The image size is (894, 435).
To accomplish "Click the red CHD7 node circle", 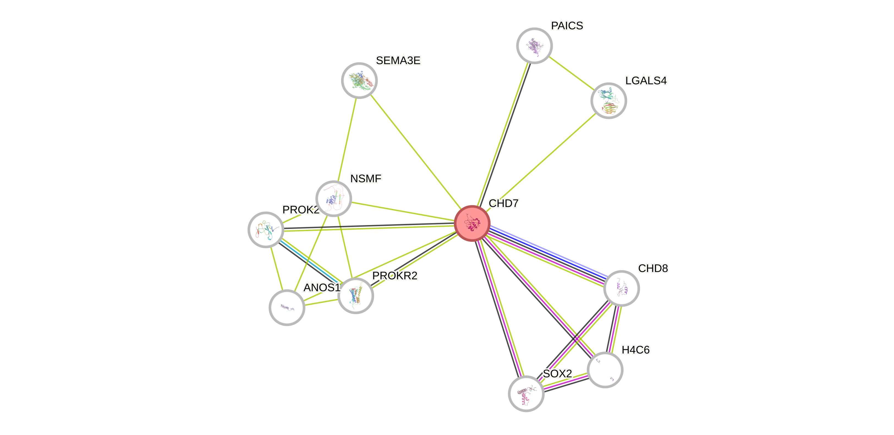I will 472,223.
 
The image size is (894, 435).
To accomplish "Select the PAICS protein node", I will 534,46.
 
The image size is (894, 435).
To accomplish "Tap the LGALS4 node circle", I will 608,101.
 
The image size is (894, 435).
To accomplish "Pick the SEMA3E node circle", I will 359,81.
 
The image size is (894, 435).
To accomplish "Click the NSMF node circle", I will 333,198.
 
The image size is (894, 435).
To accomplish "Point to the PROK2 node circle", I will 266,229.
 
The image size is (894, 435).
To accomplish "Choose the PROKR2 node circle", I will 356,296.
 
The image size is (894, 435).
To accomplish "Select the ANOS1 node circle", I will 287,307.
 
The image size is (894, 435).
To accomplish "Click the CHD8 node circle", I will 621,288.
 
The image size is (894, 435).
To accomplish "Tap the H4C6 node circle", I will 605,370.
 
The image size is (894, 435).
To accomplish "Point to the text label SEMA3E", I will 398,61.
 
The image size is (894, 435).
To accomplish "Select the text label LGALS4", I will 646,81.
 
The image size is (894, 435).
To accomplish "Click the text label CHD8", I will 653,268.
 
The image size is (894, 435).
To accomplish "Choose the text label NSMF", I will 366,179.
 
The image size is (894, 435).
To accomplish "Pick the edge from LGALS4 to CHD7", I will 541,161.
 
